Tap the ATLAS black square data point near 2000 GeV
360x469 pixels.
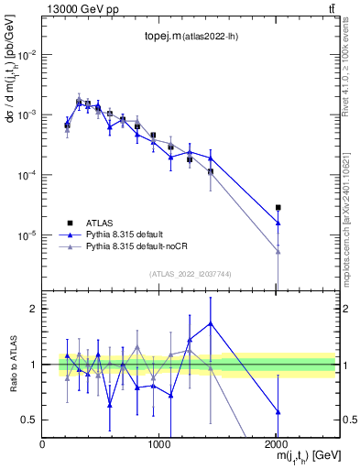coord(278,208)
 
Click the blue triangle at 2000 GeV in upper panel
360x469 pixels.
coord(278,223)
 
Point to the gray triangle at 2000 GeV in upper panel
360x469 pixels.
coord(278,251)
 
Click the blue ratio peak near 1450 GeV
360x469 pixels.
coord(211,322)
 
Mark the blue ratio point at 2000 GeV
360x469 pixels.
coord(278,412)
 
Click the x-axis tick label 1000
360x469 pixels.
coord(158,444)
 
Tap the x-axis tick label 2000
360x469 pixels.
coord(276,444)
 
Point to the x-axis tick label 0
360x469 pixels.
coord(42,444)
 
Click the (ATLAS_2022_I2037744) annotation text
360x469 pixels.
coord(189,272)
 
